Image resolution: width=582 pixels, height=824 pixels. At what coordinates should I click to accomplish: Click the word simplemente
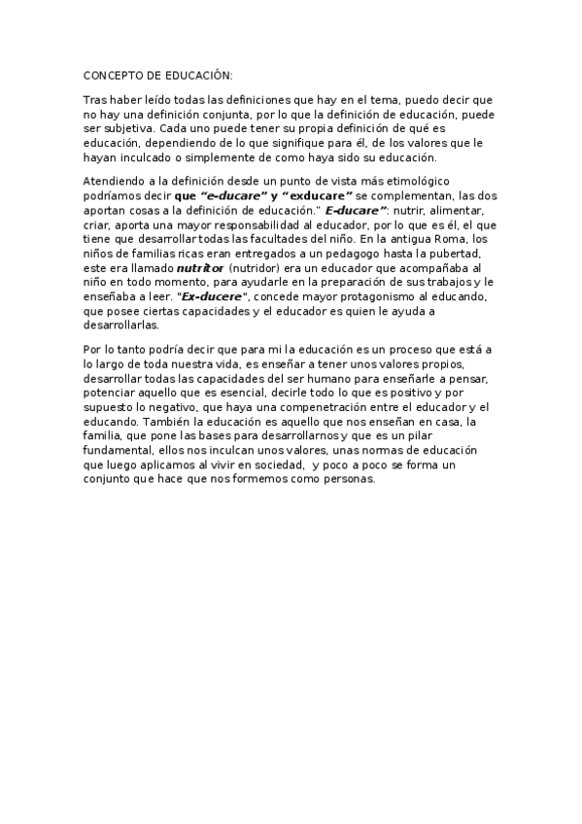[203, 155]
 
